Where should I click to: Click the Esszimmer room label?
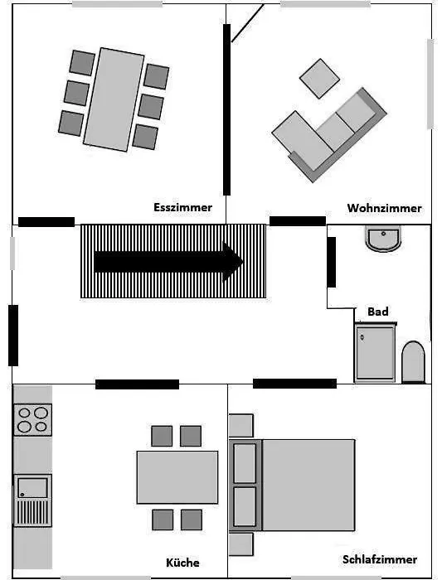(183, 207)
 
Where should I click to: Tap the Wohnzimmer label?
(384, 208)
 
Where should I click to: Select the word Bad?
(378, 312)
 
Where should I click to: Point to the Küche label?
(182, 563)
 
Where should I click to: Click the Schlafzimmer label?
(380, 559)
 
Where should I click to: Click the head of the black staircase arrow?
(233, 262)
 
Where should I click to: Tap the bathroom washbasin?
(383, 239)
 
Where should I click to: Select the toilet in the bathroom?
(413, 361)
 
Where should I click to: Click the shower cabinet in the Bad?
(376, 352)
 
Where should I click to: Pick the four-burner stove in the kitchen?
(32, 419)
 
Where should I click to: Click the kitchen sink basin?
(32, 487)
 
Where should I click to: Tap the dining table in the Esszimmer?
(114, 99)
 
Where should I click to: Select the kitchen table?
(177, 477)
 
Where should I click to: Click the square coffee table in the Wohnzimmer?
(319, 79)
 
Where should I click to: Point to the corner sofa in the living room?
(328, 135)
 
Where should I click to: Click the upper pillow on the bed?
(245, 463)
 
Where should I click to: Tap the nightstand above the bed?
(241, 425)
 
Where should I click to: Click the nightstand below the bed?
(241, 544)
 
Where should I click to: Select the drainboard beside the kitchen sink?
(32, 512)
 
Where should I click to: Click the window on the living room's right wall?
(430, 84)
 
